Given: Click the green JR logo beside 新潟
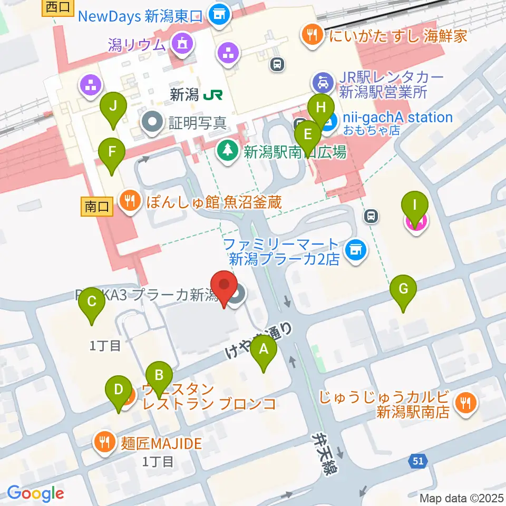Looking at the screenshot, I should [213, 95].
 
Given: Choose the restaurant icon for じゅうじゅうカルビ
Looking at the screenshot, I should [465, 403].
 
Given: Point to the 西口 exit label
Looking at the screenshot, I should [57, 7].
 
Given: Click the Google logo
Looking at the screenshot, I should [35, 494].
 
